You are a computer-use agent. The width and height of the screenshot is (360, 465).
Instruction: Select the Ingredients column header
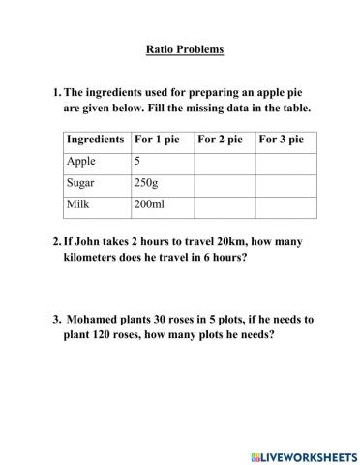pos(97,139)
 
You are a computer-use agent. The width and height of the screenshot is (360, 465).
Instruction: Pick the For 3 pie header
pos(282,139)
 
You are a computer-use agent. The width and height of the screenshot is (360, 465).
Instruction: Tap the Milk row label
pos(78,205)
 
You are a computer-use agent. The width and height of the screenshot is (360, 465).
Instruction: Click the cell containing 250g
pos(148,183)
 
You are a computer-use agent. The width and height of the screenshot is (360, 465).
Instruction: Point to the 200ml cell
pos(150,205)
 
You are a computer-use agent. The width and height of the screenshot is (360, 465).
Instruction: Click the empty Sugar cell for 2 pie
pos(224,183)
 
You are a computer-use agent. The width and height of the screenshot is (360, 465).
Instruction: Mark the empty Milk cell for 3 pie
pos(285,205)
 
